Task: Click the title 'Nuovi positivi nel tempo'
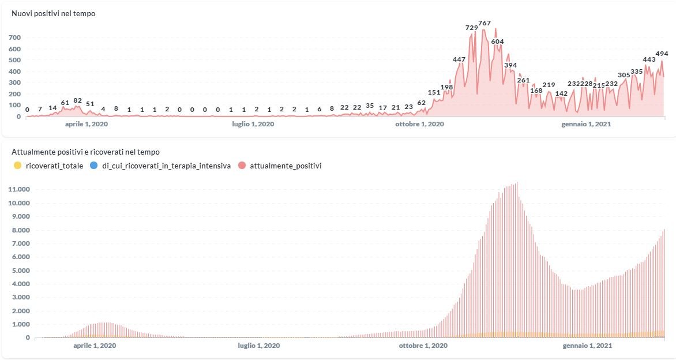pos(54,14)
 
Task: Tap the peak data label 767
pos(485,23)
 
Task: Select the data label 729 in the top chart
pos(472,28)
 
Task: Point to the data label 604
pos(497,42)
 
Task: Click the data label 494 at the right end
pos(662,54)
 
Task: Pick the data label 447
pos(459,59)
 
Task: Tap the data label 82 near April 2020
pos(78,100)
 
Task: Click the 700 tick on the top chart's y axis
pos(14,37)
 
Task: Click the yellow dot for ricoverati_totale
pos(17,166)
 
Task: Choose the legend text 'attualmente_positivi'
pos(286,166)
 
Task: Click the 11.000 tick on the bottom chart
pos(20,190)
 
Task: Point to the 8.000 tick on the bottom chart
pos(20,230)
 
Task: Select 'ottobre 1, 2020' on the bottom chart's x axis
pos(423,346)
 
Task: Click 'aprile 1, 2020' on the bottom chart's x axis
pos(95,346)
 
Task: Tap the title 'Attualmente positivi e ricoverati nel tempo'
pos(85,152)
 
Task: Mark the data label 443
pos(649,59)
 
